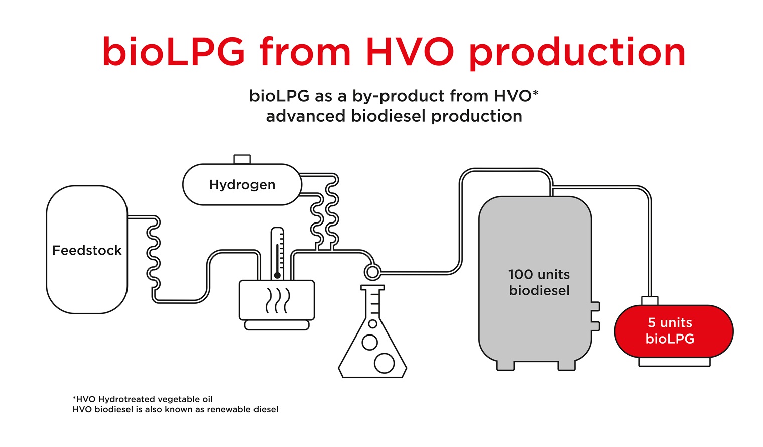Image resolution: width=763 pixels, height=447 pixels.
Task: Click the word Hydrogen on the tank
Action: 242,185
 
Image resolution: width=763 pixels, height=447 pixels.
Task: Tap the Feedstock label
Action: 87,250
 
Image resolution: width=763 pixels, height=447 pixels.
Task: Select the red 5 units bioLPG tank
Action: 674,331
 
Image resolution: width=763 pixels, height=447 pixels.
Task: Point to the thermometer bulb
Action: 277,275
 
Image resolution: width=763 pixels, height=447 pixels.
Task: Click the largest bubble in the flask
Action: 384,363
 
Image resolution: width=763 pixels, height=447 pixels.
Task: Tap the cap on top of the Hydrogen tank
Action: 242,159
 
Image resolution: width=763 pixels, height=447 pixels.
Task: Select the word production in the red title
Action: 577,52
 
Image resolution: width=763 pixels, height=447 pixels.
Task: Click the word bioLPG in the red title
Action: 174,52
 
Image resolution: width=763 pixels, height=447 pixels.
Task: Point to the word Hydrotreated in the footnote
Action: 126,399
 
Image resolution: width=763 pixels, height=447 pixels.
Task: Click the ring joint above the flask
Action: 372,272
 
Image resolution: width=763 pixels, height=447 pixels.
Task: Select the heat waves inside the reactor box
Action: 277,300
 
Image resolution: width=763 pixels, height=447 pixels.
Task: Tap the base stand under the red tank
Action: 674,362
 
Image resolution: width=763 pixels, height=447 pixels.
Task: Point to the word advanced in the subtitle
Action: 306,116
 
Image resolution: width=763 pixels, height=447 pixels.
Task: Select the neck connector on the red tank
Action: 650,300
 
